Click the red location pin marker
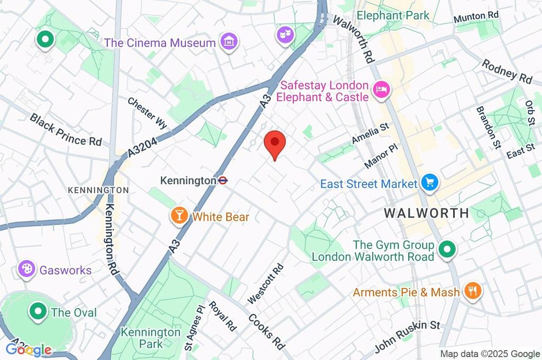coord(275,143)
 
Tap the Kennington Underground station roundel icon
coord(223,181)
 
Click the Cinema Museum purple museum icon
coord(229,41)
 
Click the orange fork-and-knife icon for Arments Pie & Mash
coord(471,291)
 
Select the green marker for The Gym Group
coord(448,250)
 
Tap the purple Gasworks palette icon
coord(25,269)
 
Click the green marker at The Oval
coord(39,311)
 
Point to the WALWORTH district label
coord(426,213)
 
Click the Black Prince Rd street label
coord(66,130)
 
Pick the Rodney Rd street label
coord(507,71)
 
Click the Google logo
coord(29,349)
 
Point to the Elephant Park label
coord(394,15)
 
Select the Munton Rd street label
coord(476,17)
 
